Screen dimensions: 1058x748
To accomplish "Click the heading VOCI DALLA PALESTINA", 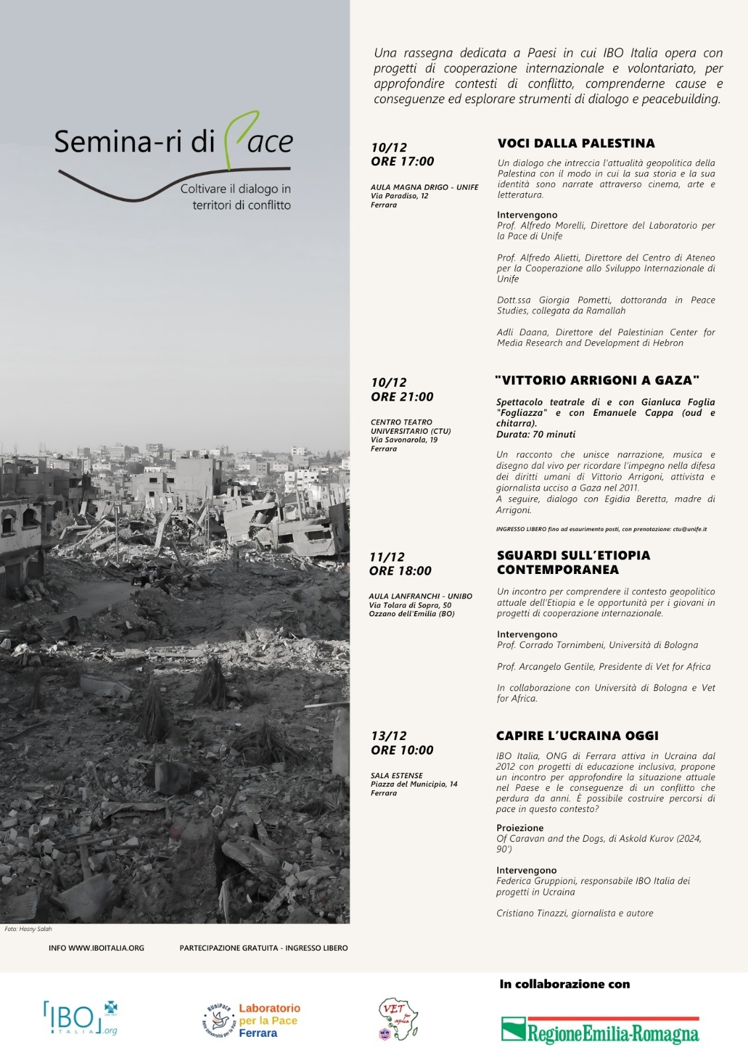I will [x=575, y=143].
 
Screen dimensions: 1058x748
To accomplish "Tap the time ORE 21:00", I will [x=402, y=397].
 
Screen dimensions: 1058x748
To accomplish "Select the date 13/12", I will [x=389, y=736].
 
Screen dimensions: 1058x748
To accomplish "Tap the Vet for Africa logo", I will [x=397, y=1019].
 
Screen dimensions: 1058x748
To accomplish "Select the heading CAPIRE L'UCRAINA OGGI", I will [x=577, y=736].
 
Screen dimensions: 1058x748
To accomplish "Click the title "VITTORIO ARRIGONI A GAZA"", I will [x=597, y=380].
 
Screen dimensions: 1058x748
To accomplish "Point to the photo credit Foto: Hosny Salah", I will [x=28, y=929].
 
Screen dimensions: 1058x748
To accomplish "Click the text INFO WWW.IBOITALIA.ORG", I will [x=97, y=948].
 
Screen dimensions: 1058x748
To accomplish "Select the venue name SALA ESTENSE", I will [x=397, y=776].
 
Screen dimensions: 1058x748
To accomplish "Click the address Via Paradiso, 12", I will [x=399, y=196].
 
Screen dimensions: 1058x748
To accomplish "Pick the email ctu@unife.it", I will [x=690, y=529].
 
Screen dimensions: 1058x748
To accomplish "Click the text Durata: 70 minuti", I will [x=536, y=434].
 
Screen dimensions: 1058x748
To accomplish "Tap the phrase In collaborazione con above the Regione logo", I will [x=565, y=984].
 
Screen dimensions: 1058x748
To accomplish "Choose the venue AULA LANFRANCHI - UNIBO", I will [x=421, y=596].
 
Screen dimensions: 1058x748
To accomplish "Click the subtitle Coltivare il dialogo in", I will [x=235, y=189].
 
